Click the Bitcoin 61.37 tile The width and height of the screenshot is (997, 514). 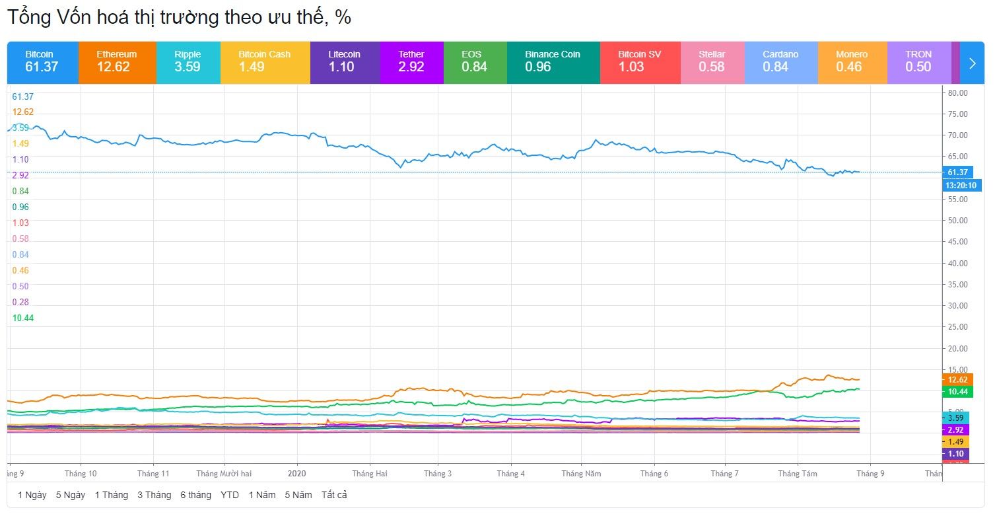point(42,62)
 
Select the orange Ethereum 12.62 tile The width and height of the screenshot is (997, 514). point(117,62)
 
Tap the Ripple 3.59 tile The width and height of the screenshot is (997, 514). point(188,62)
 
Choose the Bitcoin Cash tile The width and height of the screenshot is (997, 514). point(265,62)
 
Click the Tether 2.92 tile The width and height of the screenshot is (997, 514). point(411,62)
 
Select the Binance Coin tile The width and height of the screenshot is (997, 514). point(553,62)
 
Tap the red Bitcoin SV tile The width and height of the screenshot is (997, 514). point(640,62)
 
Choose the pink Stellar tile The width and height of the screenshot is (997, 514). point(712,62)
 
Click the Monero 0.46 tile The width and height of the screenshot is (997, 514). point(852,62)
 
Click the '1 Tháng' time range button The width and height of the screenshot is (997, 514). point(111,495)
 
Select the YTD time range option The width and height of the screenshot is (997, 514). point(230,495)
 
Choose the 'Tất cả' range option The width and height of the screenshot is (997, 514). point(334,495)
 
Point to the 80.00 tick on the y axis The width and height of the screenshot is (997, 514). point(957,93)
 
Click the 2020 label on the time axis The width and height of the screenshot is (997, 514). point(297,474)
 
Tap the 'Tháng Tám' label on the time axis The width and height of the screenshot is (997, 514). point(797,474)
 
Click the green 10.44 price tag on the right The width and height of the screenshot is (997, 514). point(957,392)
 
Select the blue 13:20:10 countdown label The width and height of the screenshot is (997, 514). point(961,186)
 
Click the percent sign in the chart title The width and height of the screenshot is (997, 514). point(343,18)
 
